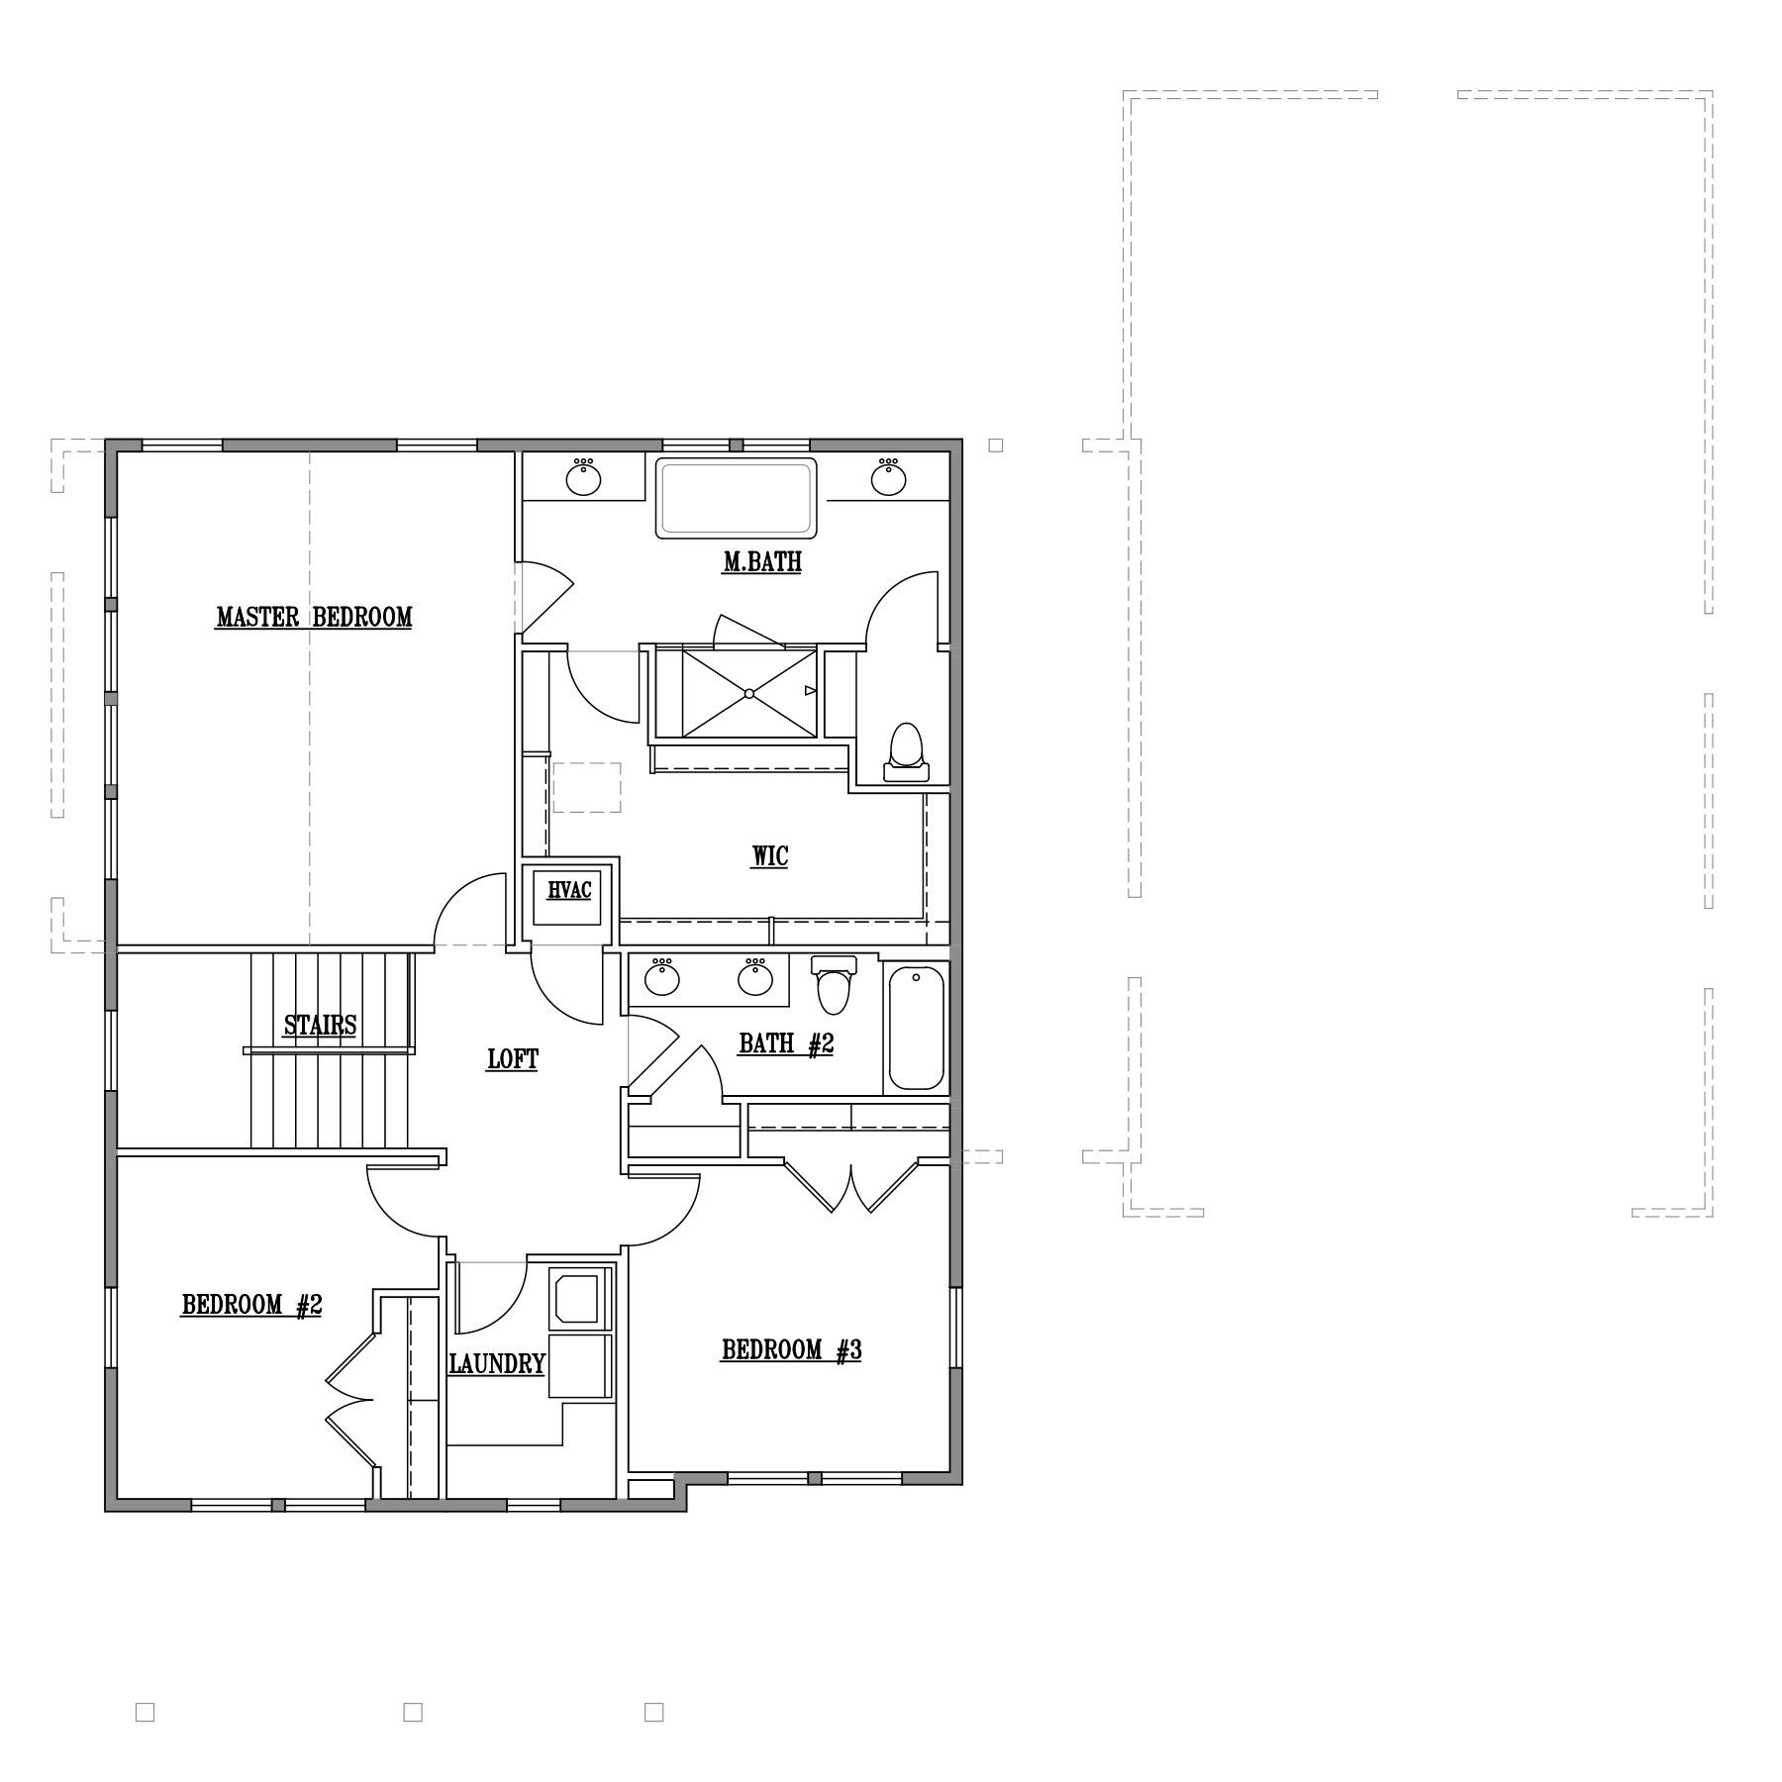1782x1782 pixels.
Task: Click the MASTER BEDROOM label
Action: point(314,617)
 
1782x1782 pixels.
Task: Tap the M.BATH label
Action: point(761,562)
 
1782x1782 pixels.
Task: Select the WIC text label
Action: point(769,855)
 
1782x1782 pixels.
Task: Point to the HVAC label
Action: point(569,889)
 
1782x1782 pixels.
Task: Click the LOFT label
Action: point(513,1059)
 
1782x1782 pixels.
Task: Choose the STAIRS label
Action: point(320,1025)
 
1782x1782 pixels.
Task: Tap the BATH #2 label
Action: point(786,1043)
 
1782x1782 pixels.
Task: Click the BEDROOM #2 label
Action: point(251,1305)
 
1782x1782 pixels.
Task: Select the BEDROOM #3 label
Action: point(791,1349)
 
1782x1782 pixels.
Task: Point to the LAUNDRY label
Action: point(497,1364)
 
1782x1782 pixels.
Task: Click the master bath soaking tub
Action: point(737,498)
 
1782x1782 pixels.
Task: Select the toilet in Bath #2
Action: point(834,984)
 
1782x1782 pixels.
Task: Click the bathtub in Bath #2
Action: point(916,1029)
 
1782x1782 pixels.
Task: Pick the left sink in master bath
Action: point(583,477)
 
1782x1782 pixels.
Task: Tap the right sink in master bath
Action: point(889,477)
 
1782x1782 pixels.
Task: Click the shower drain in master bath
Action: point(749,693)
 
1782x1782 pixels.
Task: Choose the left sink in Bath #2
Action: point(662,977)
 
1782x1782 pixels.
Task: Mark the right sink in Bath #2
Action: point(755,977)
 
